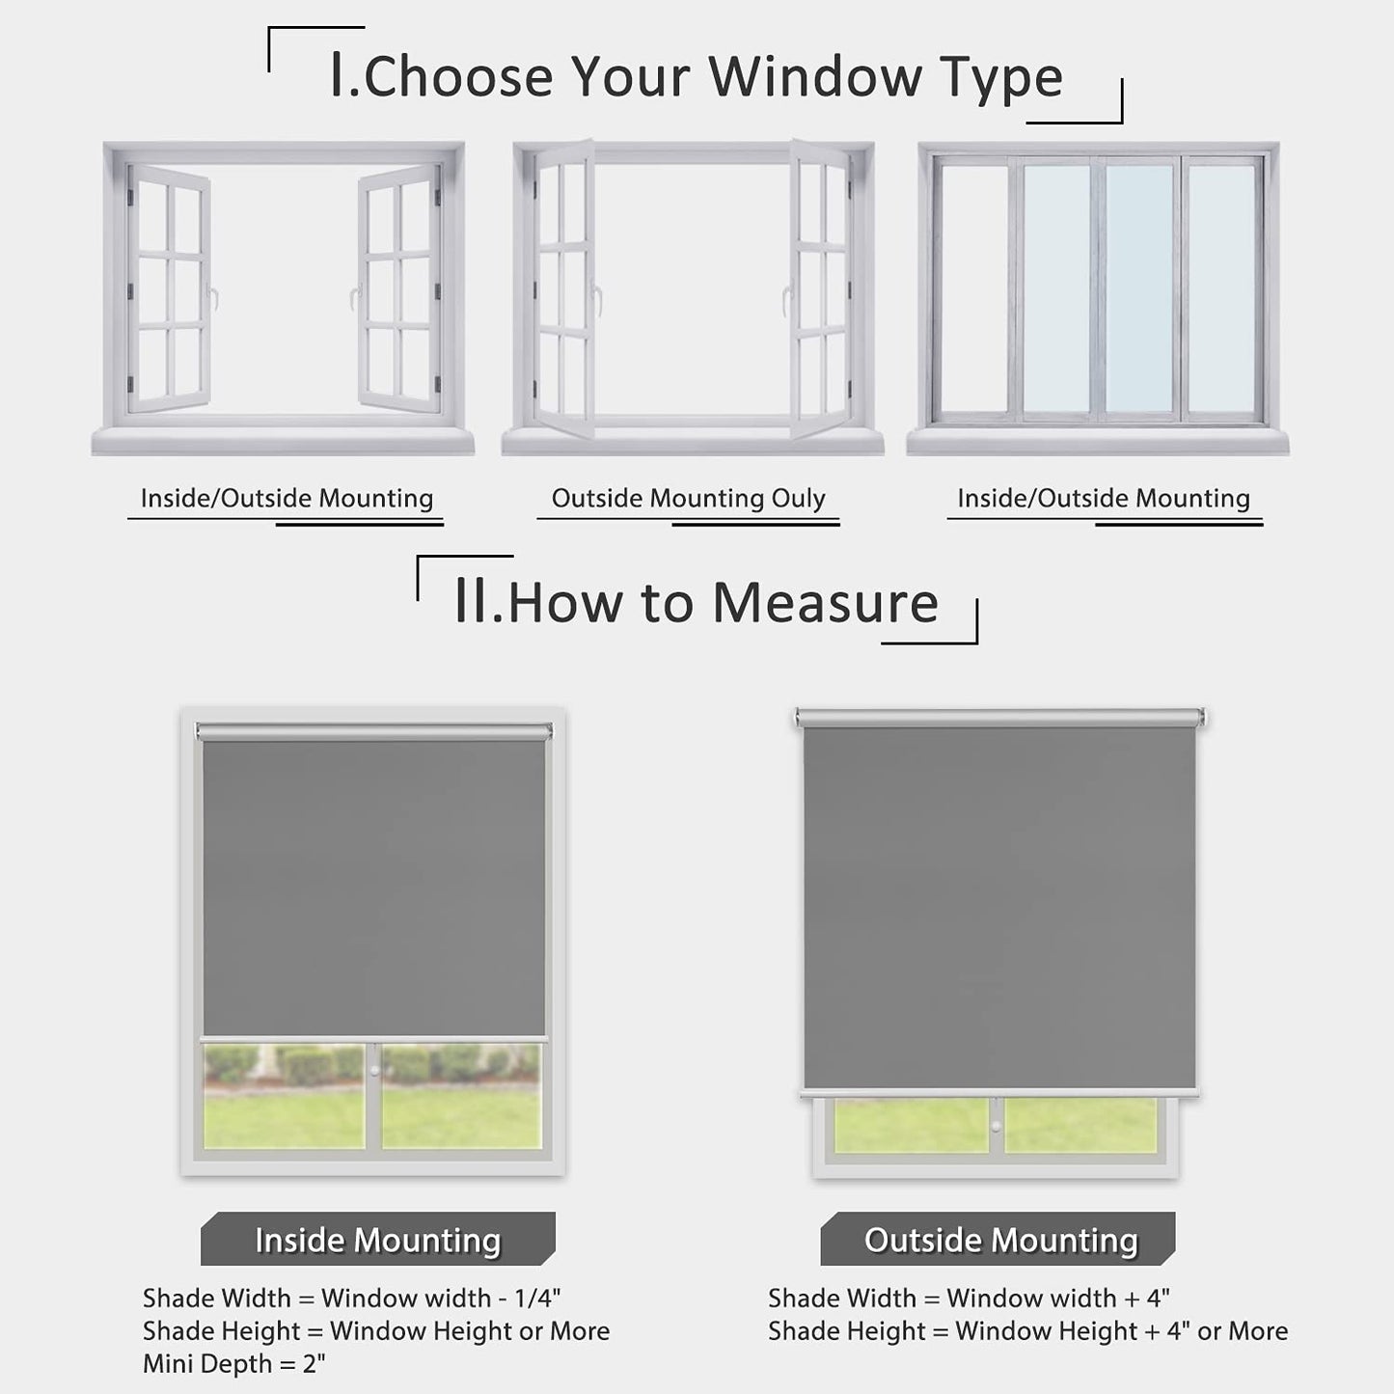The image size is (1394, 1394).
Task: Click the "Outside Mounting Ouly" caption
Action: click(688, 498)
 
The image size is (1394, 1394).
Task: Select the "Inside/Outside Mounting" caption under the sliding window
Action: click(1103, 498)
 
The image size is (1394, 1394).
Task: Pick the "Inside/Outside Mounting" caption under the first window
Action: click(287, 498)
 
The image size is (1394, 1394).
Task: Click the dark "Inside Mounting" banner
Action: click(377, 1240)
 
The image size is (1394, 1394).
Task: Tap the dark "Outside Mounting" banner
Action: click(999, 1240)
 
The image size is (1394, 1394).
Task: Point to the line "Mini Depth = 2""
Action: click(234, 1364)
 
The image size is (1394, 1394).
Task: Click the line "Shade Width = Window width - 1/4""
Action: click(351, 1298)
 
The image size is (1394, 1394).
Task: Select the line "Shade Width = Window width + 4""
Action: click(969, 1298)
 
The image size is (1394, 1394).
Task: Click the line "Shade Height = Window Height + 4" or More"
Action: click(1027, 1331)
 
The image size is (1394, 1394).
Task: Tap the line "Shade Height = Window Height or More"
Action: click(376, 1331)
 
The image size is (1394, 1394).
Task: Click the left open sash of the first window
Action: click(170, 288)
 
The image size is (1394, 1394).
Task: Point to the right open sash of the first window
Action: click(398, 288)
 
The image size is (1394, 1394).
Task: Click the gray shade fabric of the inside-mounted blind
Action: click(373, 888)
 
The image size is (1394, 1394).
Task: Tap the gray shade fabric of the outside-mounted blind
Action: click(999, 907)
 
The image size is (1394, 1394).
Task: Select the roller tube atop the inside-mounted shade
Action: click(373, 732)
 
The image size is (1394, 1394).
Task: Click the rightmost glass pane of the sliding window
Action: click(1222, 288)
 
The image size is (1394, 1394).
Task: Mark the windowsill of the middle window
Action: click(692, 443)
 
